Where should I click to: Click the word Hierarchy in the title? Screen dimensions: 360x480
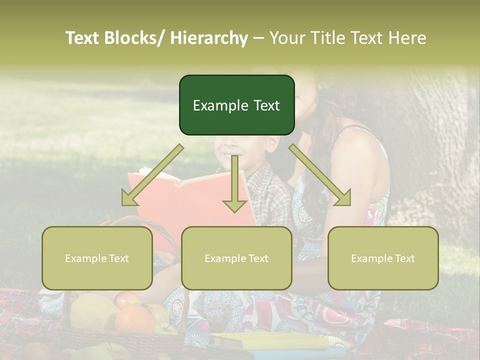(x=209, y=38)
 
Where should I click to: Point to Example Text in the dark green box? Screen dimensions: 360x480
(x=236, y=105)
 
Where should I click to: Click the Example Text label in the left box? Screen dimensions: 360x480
(x=97, y=258)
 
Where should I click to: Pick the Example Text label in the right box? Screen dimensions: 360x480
(x=383, y=258)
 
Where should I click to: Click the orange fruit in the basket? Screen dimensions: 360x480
(x=133, y=320)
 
